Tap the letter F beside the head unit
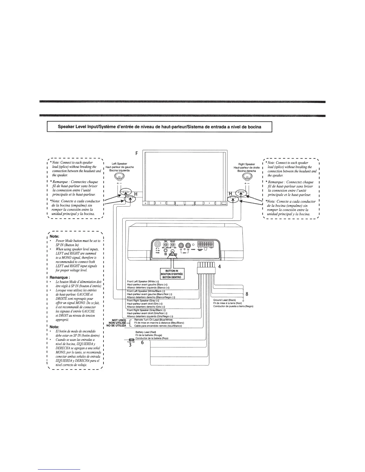tap(137, 154)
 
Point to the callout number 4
tap(219, 267)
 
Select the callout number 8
tap(246, 294)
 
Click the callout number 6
tap(142, 343)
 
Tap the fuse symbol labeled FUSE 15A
tap(131, 340)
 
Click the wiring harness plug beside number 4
tap(206, 270)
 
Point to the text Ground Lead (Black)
tap(225, 300)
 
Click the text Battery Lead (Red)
tap(146, 332)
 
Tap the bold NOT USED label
tap(118, 320)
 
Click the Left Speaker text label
tap(119, 164)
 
